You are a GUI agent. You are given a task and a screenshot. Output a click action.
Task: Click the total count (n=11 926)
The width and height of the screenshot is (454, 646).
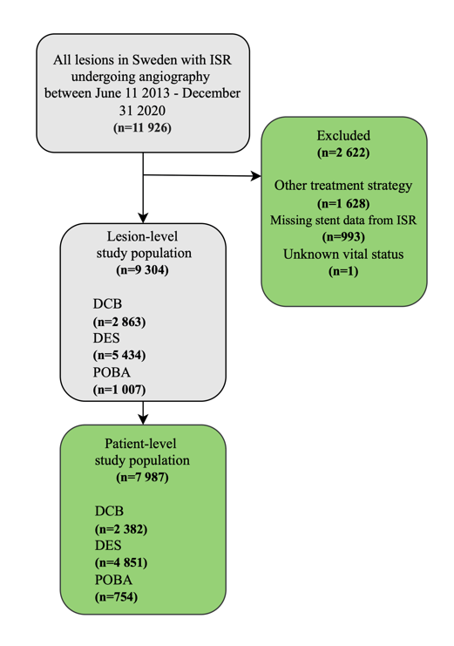pos(142,127)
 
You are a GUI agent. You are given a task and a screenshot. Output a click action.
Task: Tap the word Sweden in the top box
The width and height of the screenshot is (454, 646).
pos(152,60)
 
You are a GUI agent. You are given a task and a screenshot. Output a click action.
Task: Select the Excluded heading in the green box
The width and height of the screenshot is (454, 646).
pos(343,135)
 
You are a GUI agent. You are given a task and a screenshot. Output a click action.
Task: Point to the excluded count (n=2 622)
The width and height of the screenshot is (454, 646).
pos(343,153)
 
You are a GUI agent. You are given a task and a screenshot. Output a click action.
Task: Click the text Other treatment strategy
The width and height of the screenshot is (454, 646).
pos(343,186)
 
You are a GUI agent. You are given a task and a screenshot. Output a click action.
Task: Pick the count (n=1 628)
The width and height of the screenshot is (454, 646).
pos(343,203)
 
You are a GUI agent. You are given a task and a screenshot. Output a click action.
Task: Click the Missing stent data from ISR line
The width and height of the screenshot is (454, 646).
pos(343,220)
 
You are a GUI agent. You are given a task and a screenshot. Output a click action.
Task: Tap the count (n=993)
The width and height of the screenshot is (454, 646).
pos(343,237)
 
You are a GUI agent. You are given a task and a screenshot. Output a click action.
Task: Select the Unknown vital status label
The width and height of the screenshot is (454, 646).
pos(343,255)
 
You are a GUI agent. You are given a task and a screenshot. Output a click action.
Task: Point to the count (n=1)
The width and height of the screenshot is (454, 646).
pos(343,271)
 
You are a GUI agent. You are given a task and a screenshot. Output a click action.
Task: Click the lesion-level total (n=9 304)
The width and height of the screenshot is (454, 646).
pos(143,270)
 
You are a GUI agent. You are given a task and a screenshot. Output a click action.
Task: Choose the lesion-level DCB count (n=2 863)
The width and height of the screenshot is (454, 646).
pos(119,322)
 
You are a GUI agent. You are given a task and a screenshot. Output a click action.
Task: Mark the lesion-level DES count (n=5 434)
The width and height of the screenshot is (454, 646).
pos(119,355)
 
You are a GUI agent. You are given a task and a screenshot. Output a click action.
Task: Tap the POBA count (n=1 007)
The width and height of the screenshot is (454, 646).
pos(119,390)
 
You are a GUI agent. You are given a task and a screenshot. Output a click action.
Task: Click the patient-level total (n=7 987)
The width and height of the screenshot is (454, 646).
pos(143,478)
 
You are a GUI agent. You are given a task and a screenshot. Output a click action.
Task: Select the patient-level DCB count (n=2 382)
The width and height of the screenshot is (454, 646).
pos(121,529)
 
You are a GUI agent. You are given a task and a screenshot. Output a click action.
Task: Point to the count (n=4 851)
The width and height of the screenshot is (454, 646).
pos(121,563)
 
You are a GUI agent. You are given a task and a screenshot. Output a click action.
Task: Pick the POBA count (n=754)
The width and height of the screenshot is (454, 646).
pos(116,597)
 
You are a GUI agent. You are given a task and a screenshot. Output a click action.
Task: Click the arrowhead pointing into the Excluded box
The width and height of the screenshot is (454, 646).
pos(256,176)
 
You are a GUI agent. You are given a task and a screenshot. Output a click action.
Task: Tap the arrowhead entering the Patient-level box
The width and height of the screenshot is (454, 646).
pos(143,419)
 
